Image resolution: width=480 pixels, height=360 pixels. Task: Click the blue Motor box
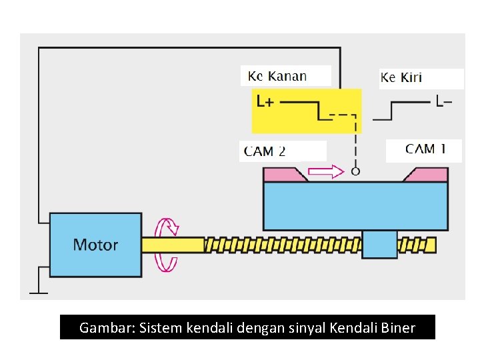click(95, 245)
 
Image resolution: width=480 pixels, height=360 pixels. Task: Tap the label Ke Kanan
click(277, 76)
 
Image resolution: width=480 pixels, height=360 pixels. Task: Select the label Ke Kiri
click(401, 78)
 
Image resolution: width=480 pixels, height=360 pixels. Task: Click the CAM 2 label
click(265, 151)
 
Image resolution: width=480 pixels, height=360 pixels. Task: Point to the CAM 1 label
click(425, 149)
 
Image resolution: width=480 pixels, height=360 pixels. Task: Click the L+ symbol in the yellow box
click(265, 102)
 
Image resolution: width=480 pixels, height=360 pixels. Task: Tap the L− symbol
click(443, 103)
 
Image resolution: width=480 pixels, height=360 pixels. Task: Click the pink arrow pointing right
click(327, 172)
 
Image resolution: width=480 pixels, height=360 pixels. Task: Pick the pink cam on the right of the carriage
click(426, 175)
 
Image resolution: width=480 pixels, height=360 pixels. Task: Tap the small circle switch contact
click(355, 171)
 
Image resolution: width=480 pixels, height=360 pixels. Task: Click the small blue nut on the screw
click(379, 244)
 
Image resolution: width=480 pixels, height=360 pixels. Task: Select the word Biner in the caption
click(399, 328)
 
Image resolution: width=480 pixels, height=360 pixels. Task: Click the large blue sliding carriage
click(355, 205)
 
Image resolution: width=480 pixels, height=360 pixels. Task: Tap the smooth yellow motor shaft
click(172, 245)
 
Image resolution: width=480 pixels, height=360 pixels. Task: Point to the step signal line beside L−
click(400, 110)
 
